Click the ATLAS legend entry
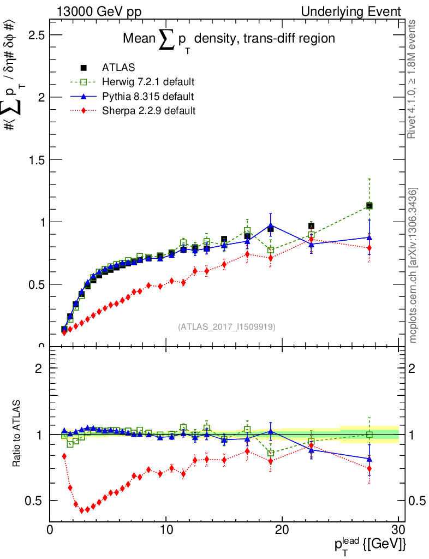pos(118,68)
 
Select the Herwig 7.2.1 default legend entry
pos(148,82)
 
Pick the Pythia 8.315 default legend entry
pos(147,97)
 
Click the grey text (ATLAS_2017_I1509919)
pos(227,327)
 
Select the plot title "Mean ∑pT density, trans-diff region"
pos(229,39)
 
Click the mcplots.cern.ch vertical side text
pos(413,265)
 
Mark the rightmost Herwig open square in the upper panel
pos(370,206)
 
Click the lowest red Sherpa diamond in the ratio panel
pos(82,510)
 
